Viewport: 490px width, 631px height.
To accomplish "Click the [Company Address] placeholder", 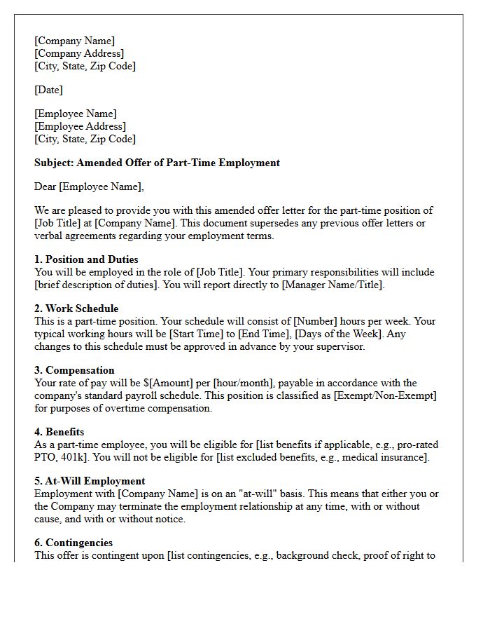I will [79, 53].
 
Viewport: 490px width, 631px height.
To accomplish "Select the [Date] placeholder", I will [48, 90].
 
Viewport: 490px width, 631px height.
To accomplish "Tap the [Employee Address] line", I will [80, 126].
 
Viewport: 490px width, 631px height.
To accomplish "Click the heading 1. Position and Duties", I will [86, 259].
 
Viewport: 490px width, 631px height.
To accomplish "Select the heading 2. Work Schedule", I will [76, 308].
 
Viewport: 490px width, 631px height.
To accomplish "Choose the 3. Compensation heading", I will [74, 370].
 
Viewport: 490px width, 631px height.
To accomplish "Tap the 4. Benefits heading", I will [59, 432].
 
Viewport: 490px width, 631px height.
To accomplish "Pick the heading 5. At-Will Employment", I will [90, 481].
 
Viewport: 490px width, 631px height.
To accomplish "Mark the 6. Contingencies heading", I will [73, 543].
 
